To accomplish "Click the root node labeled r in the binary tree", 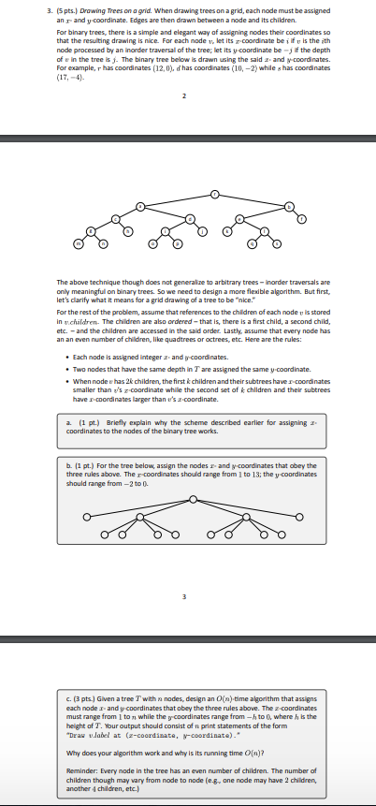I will pos(215,194).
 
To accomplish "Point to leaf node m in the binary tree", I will pos(78,242).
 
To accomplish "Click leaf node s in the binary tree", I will pos(276,242).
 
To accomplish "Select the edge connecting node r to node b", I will pos(253,199).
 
